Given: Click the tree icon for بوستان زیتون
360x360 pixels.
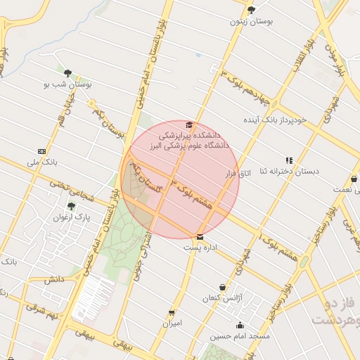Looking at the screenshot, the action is click(x=251, y=10).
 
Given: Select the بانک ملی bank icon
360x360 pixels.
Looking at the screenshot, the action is click(x=41, y=151).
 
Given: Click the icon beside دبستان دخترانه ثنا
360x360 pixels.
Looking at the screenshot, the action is click(x=289, y=160).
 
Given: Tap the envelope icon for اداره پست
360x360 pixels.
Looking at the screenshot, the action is click(x=200, y=237).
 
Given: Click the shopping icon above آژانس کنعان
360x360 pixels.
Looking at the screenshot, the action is click(x=223, y=287).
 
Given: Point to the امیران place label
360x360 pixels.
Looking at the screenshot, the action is click(x=172, y=323).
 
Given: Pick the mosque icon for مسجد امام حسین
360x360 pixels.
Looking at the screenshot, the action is click(x=240, y=326).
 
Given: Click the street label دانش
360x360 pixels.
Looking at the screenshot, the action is click(x=54, y=279).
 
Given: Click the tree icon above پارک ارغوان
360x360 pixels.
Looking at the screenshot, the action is click(x=70, y=206).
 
